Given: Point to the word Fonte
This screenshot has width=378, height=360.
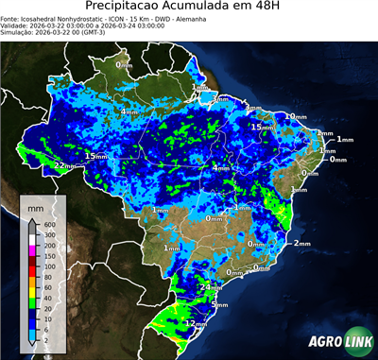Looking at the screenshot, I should (x=11, y=18).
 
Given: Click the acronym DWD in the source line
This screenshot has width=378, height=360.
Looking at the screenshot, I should (x=165, y=18).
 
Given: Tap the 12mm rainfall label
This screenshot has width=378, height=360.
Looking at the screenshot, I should (x=196, y=323).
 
